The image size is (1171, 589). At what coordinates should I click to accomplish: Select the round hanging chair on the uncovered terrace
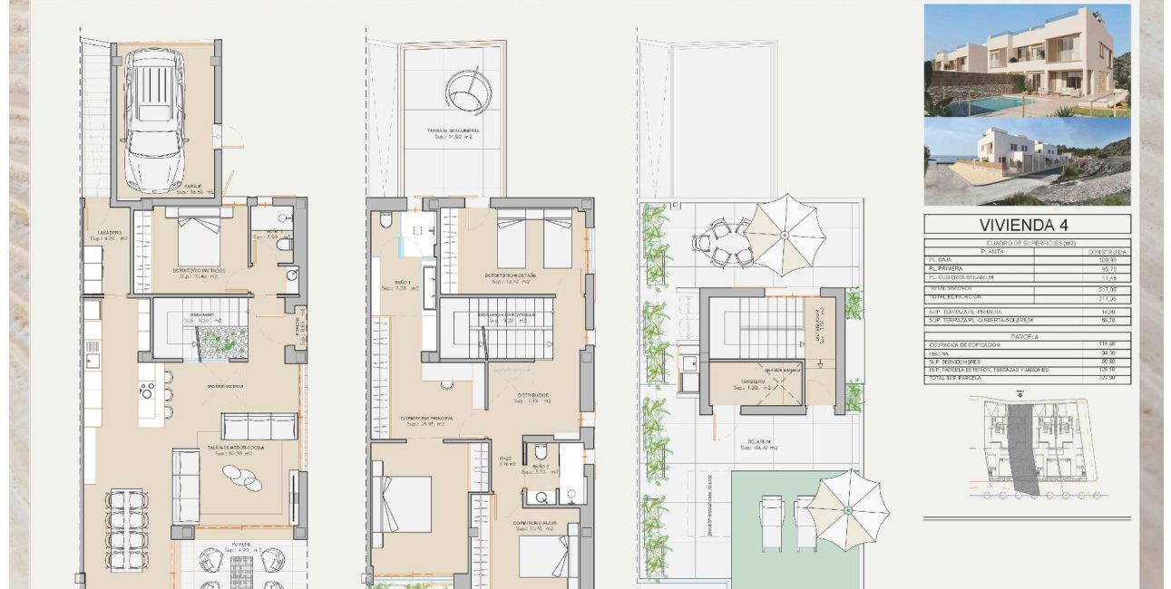pyautogui.click(x=468, y=91)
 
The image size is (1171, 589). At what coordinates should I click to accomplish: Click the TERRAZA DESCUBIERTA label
pyautogui.click(x=454, y=131)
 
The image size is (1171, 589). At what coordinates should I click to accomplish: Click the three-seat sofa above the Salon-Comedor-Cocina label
pyautogui.click(x=259, y=426)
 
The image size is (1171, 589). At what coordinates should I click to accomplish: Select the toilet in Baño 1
pyautogui.click(x=386, y=220)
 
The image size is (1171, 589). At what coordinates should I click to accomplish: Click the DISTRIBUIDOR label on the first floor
pyautogui.click(x=533, y=395)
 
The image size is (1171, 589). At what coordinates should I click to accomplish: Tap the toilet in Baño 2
pyautogui.click(x=541, y=451)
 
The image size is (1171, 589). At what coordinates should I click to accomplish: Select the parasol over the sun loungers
pyautogui.click(x=847, y=508)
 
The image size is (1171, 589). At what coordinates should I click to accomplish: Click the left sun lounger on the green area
pyautogui.click(x=771, y=522)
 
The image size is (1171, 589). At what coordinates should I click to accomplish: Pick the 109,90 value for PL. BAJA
pyautogui.click(x=1118, y=260)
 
